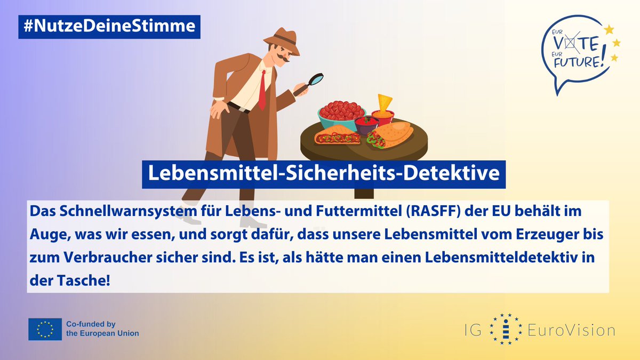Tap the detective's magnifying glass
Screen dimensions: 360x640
pos(316,80)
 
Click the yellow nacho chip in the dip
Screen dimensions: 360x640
pos(384,101)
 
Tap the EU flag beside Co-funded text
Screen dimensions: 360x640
pos(45,329)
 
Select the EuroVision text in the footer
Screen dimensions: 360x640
pos(571,330)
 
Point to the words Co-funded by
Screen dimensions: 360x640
pos(90,324)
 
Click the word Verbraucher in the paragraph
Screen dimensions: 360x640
pos(99,257)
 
